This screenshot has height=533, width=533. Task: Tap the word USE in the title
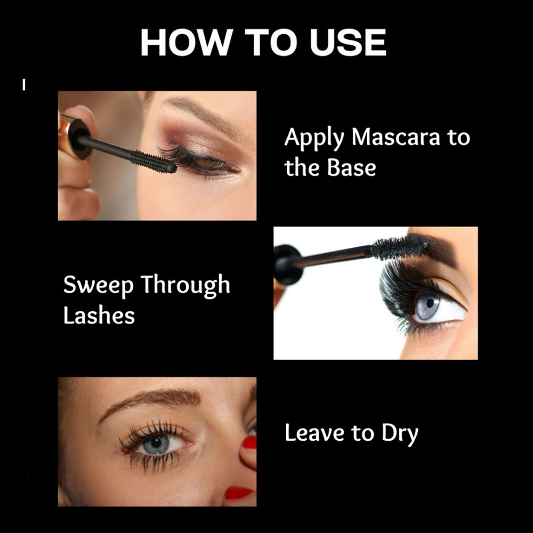[x=348, y=42]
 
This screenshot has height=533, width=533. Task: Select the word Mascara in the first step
[x=395, y=137]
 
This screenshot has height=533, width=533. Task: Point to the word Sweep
[x=98, y=285]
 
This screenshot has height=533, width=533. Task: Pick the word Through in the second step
[x=185, y=285]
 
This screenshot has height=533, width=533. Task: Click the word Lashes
[x=99, y=315]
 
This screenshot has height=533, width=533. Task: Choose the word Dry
[x=400, y=434]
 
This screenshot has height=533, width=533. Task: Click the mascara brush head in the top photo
[x=154, y=161]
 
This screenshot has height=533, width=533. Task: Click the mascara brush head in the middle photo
[x=399, y=246]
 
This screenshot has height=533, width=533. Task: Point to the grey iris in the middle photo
[x=427, y=305]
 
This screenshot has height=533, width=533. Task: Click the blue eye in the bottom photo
[x=156, y=443]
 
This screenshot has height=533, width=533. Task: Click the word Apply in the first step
[x=314, y=138]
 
